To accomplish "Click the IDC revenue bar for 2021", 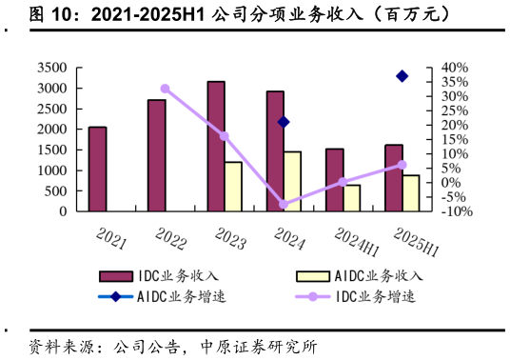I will pos(97,169).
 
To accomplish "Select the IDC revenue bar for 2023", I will pos(216,146).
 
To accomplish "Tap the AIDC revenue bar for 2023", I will pos(233,187).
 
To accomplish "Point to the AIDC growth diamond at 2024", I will pos(284,122).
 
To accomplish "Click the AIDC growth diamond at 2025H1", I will pos(402,76).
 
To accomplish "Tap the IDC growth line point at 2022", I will pos(165,89).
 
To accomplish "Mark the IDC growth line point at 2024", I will pos(284,205).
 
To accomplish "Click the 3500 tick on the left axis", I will pos(52,68).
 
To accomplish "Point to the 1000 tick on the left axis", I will pos(52,170).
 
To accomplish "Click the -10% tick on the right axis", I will pos(456,211).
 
